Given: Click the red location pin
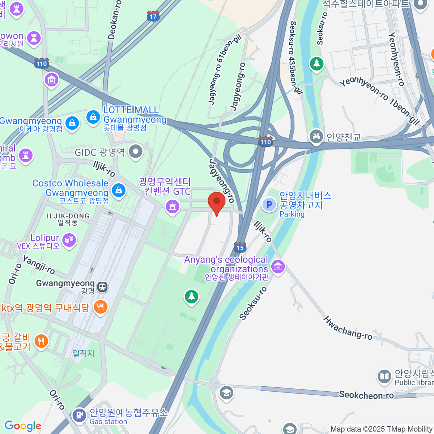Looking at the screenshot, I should [217, 202].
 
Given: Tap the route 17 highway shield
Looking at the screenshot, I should [153, 16].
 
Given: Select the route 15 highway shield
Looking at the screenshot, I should [240, 247].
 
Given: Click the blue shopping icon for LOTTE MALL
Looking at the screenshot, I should [93, 117].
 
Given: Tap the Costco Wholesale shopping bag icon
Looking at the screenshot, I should [118, 190].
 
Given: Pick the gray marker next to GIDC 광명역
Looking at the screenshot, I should [136, 152].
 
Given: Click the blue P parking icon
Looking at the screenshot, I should [269, 205].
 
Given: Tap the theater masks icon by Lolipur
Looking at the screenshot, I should [69, 240].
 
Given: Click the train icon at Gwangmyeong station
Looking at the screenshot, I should [103, 287].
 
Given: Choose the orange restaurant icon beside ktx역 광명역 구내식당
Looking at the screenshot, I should [100, 307].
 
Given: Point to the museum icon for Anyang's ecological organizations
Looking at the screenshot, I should [278, 267].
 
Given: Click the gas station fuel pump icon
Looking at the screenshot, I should [79, 414].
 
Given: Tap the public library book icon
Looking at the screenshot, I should [384, 377].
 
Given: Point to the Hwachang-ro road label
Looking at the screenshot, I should [348, 328].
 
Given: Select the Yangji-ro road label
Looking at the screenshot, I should [39, 265].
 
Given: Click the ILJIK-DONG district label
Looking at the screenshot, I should [68, 216].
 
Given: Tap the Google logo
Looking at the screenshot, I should [23, 426].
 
